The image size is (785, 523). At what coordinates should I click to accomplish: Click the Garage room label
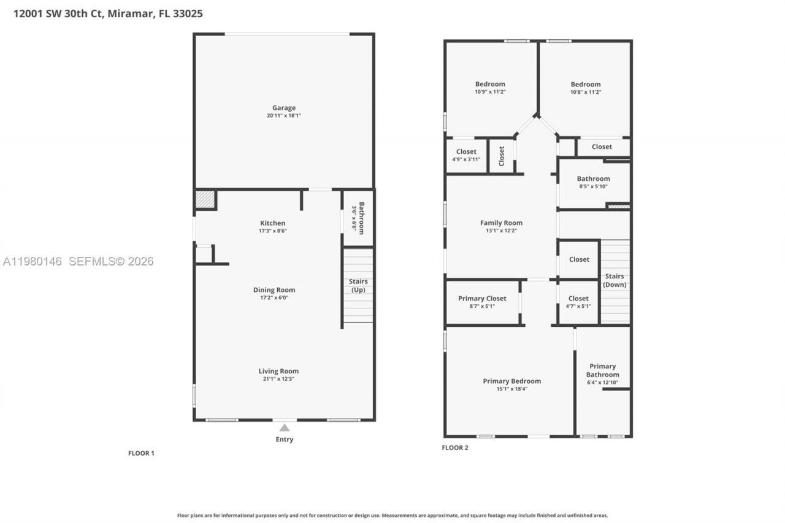(284, 108)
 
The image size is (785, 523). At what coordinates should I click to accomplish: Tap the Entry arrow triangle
(284, 428)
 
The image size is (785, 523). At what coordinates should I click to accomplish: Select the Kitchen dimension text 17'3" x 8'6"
(272, 231)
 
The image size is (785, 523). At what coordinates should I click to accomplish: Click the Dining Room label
(274, 290)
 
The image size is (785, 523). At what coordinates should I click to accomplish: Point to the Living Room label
(278, 371)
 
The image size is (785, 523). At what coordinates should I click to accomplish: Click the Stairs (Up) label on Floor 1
(358, 285)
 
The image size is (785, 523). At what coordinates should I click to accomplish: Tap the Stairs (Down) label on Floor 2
(615, 280)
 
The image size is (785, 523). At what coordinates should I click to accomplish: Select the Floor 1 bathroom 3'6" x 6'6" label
(358, 218)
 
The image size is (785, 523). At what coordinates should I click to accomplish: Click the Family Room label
(501, 223)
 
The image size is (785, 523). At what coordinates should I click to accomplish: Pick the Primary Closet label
(482, 299)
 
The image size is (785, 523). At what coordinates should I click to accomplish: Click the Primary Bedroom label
(511, 381)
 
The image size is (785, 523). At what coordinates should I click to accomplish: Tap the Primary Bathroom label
(602, 370)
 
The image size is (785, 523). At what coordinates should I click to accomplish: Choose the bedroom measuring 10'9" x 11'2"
(490, 85)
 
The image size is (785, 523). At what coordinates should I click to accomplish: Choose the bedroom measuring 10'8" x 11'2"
(586, 85)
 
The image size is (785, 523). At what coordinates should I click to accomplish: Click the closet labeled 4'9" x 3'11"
(466, 152)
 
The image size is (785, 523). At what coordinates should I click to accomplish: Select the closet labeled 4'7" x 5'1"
(578, 299)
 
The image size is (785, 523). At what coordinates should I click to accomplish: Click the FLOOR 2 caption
(454, 448)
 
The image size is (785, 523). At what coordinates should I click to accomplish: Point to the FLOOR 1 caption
(141, 453)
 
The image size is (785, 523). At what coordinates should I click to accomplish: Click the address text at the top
(108, 13)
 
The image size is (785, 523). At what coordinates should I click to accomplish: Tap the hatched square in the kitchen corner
(205, 199)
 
